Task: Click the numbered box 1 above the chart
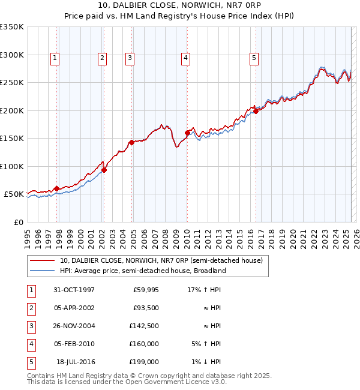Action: [x=55, y=58]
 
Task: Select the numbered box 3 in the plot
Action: [x=130, y=58]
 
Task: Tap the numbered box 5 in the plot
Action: [x=254, y=58]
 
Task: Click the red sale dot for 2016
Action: [x=256, y=111]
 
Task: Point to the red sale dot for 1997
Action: [x=57, y=188]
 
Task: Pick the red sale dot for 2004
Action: [x=131, y=142]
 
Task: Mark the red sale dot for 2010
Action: [x=187, y=133]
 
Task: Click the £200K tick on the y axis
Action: [x=12, y=110]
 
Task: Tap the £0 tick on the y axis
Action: [x=18, y=222]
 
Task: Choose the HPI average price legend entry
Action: [x=143, y=271]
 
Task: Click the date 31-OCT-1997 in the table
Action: [x=74, y=290]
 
